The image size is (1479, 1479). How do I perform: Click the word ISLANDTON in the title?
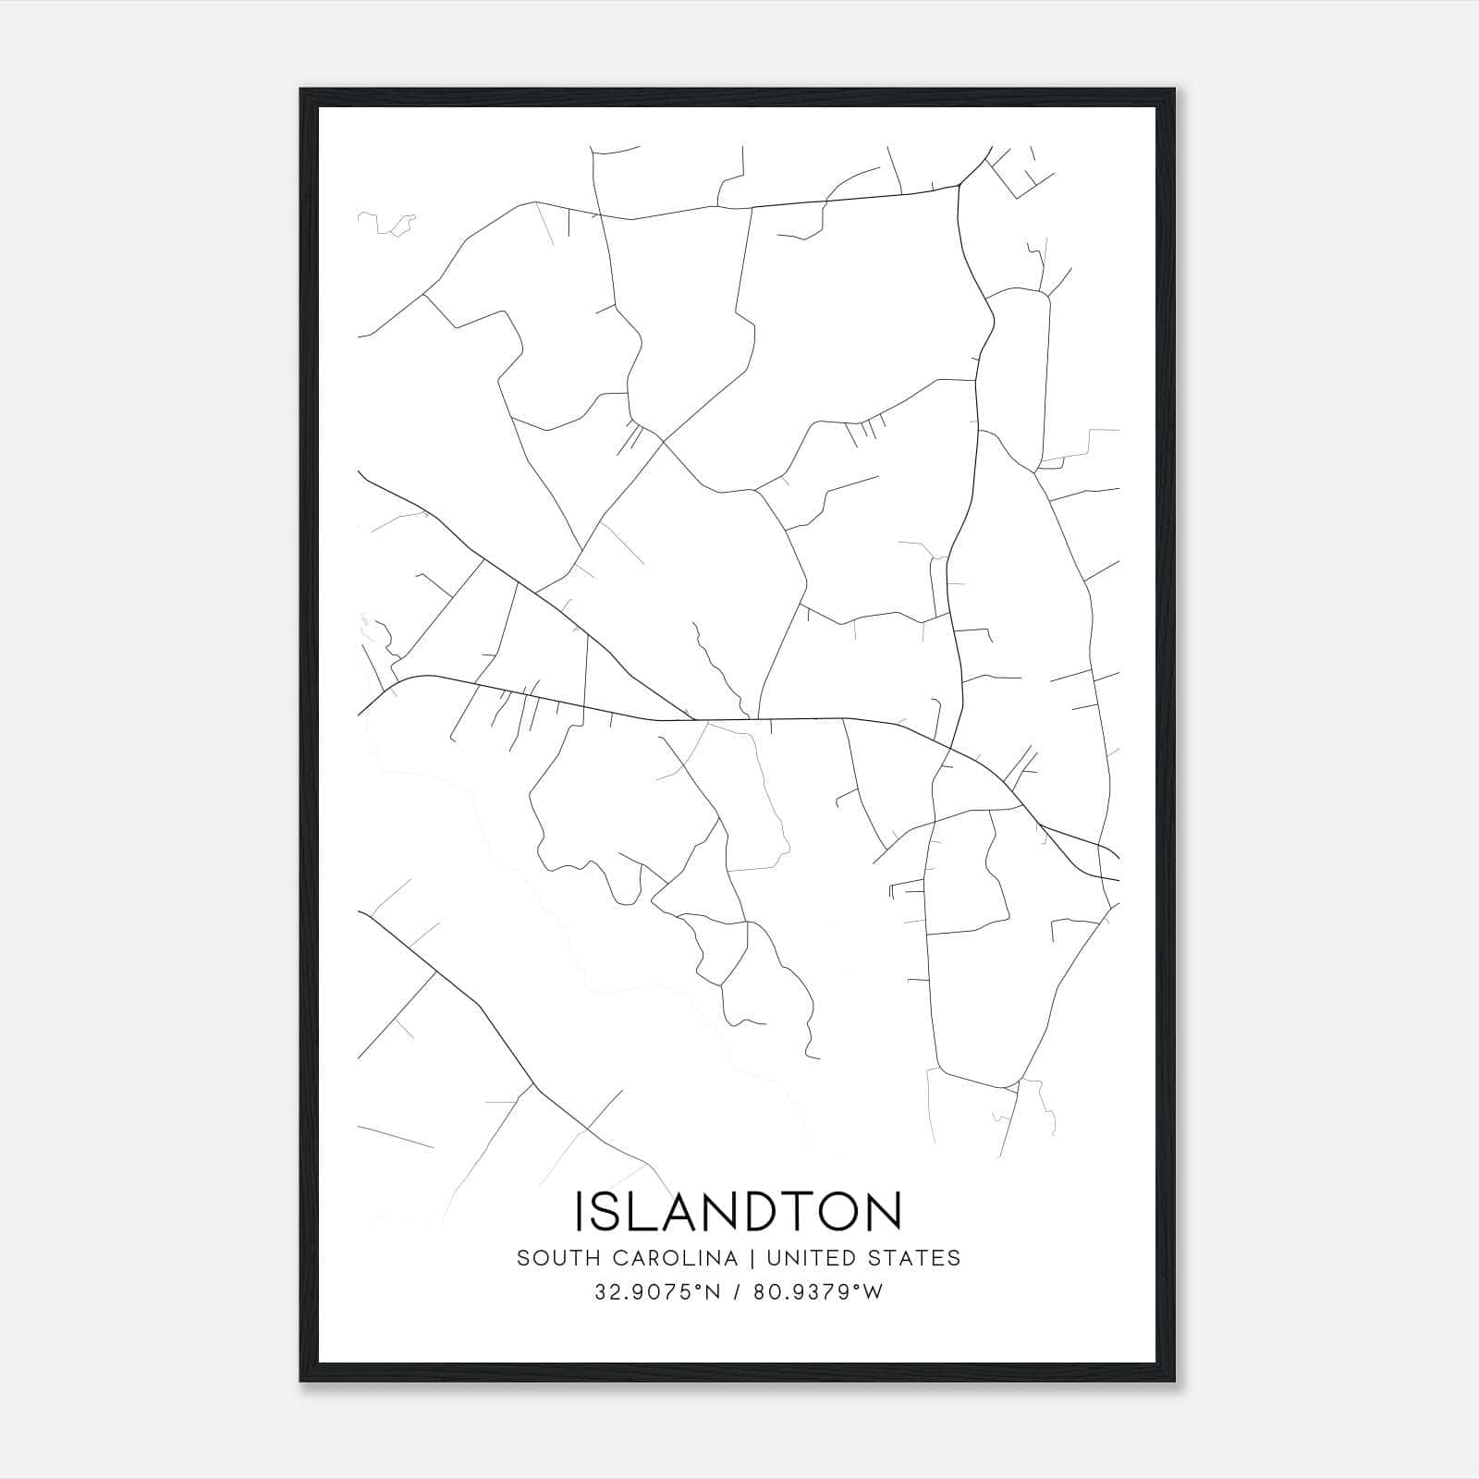pyautogui.click(x=739, y=1211)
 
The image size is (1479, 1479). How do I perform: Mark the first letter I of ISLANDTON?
pyautogui.click(x=581, y=1211)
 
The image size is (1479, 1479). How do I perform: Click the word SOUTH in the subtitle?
pyautogui.click(x=549, y=1258)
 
